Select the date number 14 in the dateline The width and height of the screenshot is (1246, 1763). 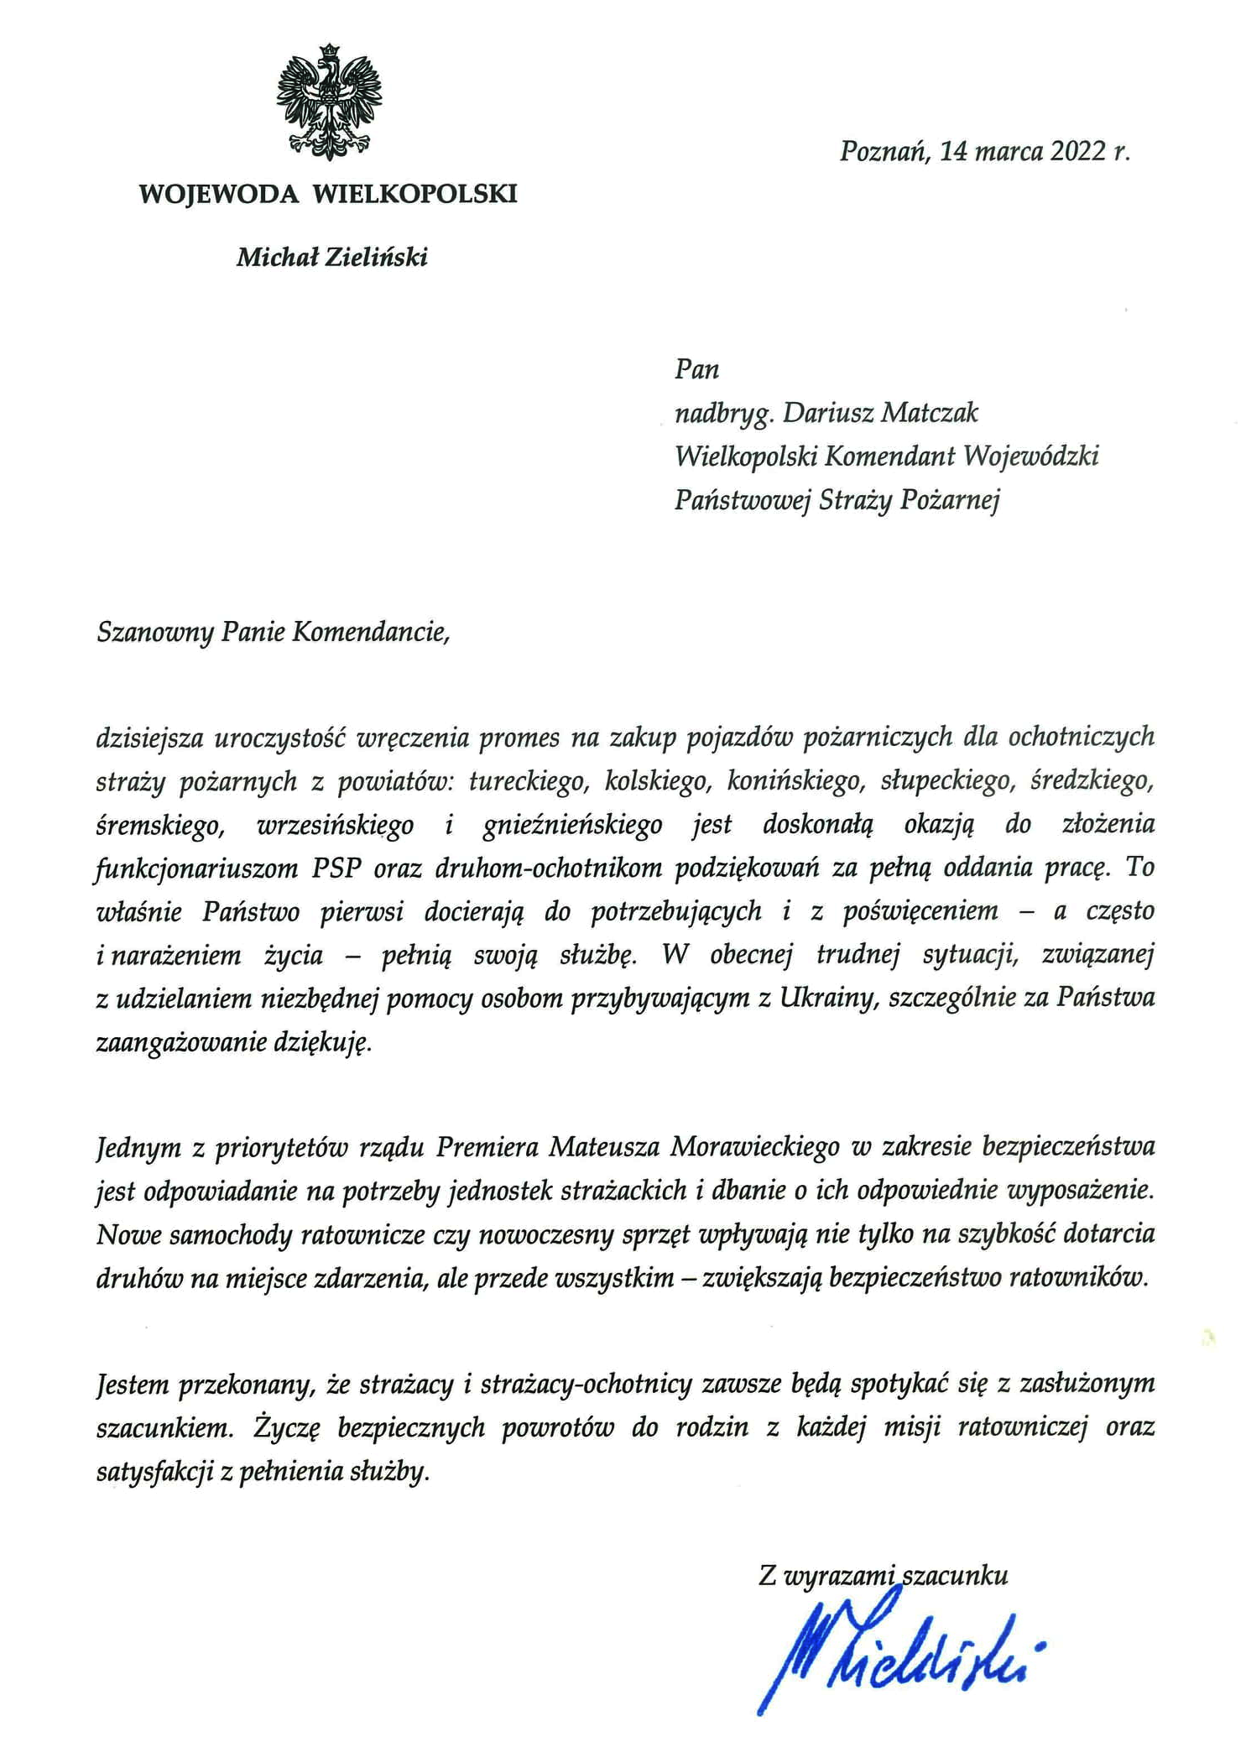coord(955,152)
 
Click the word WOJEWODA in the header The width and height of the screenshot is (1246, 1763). coord(218,195)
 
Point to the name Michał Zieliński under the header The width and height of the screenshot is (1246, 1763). coord(331,257)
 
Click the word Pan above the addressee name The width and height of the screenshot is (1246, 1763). coord(696,370)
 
